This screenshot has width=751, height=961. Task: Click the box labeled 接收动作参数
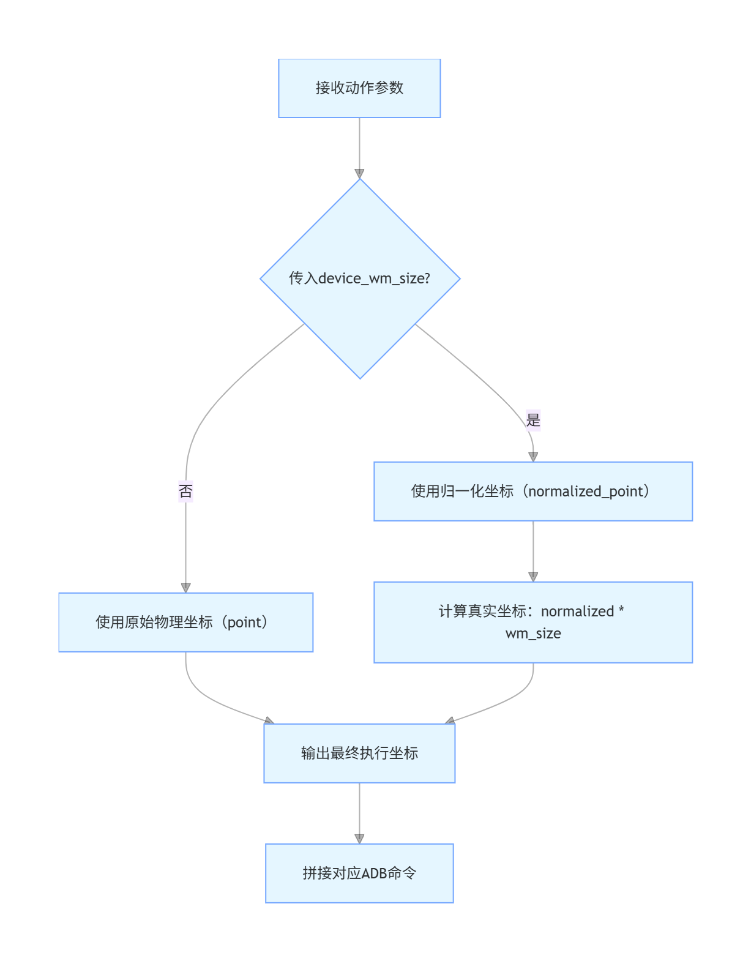pos(359,88)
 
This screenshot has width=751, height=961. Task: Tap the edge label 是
pos(533,421)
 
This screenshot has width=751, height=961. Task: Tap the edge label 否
pos(185,491)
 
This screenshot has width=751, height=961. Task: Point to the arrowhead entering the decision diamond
pos(359,174)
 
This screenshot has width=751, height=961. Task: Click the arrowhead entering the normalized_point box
pos(533,457)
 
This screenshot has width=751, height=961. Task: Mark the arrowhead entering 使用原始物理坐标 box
pos(185,588)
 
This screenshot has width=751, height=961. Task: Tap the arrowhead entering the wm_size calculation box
pos(533,577)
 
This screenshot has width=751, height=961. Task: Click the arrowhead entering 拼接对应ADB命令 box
pos(359,839)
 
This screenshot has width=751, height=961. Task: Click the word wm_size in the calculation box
pos(533,634)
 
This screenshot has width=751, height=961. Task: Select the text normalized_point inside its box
pos(586,492)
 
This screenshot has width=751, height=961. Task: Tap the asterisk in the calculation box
pos(621,610)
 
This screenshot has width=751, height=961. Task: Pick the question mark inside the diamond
pos(427,279)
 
